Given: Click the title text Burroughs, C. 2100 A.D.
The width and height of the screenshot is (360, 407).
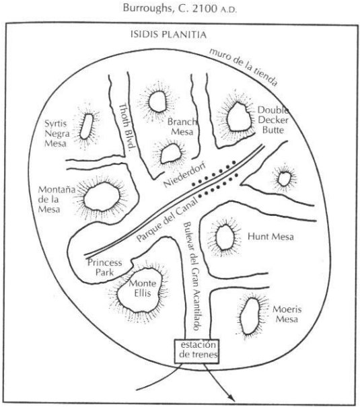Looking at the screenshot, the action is [x=180, y=8].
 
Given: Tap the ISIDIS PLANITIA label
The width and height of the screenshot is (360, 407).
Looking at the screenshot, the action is [x=168, y=34].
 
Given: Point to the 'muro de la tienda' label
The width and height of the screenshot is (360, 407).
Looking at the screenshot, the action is [x=244, y=67].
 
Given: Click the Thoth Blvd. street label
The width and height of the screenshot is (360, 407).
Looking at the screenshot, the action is [x=127, y=126].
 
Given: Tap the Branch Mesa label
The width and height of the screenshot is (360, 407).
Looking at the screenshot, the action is [x=182, y=126].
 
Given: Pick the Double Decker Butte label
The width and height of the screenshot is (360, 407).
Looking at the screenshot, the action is [x=273, y=120].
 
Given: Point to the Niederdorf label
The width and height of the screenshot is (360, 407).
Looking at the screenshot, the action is [x=184, y=174].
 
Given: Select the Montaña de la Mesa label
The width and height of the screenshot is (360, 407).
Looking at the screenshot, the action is [x=57, y=199].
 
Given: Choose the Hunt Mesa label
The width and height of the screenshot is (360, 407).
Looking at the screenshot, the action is [x=271, y=237].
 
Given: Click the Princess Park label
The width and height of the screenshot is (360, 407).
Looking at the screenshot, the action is [x=104, y=267].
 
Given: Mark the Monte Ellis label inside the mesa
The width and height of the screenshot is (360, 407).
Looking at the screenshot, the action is [x=143, y=288].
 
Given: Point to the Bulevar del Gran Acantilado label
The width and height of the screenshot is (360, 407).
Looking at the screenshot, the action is [x=193, y=276].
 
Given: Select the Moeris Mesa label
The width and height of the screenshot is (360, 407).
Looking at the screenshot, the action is [x=287, y=314].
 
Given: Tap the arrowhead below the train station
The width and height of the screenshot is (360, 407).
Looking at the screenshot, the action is [x=231, y=398].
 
